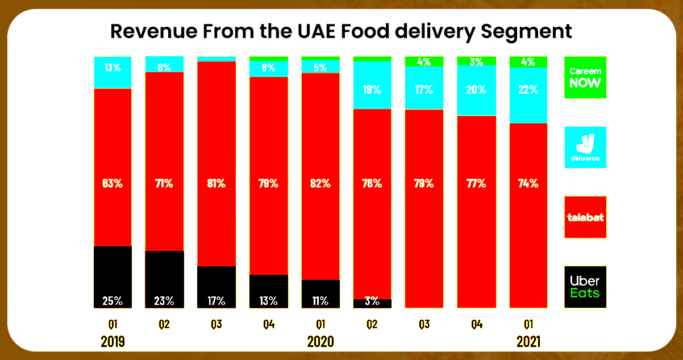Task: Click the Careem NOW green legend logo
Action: pos(585,77)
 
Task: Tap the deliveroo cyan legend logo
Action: pos(585,147)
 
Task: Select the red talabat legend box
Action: pos(585,217)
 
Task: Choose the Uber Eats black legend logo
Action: pos(585,287)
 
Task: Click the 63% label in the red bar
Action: pos(113,183)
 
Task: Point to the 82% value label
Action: pos(320,183)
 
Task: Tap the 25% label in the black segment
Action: pos(113,300)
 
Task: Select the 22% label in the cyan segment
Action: pos(528,90)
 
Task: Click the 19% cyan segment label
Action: pos(372,90)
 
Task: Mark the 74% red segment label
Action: pos(528,183)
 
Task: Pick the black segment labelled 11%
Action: pos(320,294)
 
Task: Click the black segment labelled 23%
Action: pos(165,279)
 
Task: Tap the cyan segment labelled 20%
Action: pos(476,90)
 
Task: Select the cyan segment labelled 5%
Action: pos(320,66)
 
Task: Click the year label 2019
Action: pos(113,342)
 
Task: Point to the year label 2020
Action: pos(320,342)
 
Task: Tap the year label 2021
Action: pos(528,342)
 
